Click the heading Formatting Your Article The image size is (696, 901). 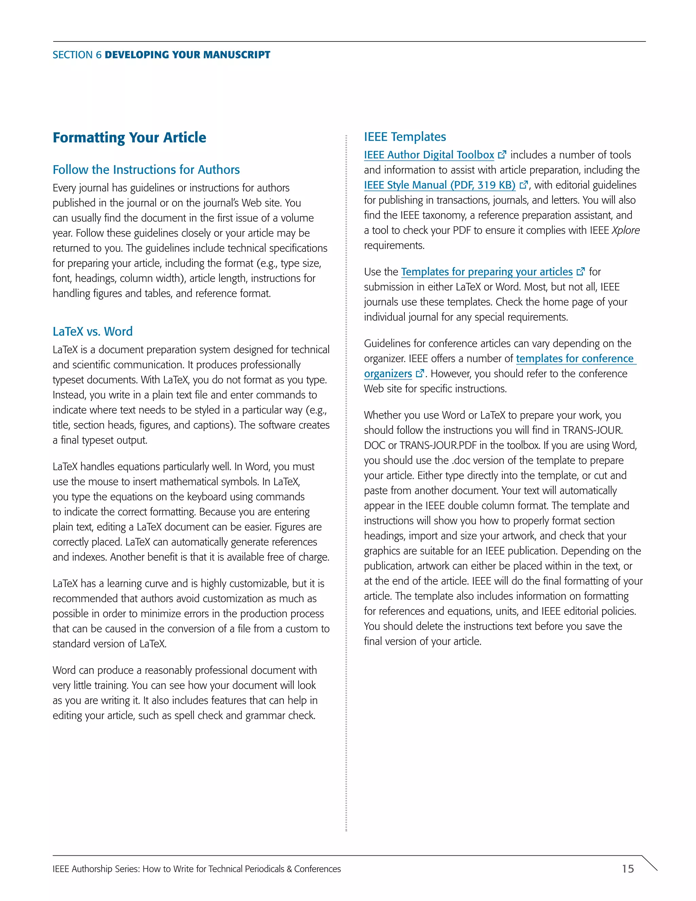tap(129, 137)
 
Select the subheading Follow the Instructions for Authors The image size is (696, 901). tap(146, 170)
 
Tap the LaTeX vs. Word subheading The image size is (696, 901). tap(92, 331)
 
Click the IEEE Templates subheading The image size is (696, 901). tap(404, 137)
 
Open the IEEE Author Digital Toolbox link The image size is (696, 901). tap(429, 155)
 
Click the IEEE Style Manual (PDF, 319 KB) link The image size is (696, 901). tap(439, 185)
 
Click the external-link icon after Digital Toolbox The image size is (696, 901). tap(502, 155)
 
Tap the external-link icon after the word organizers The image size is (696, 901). tap(420, 373)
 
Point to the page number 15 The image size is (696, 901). tap(628, 869)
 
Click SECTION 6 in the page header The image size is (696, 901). tap(77, 55)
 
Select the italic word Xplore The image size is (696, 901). tap(626, 230)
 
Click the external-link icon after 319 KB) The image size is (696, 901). tap(524, 185)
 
